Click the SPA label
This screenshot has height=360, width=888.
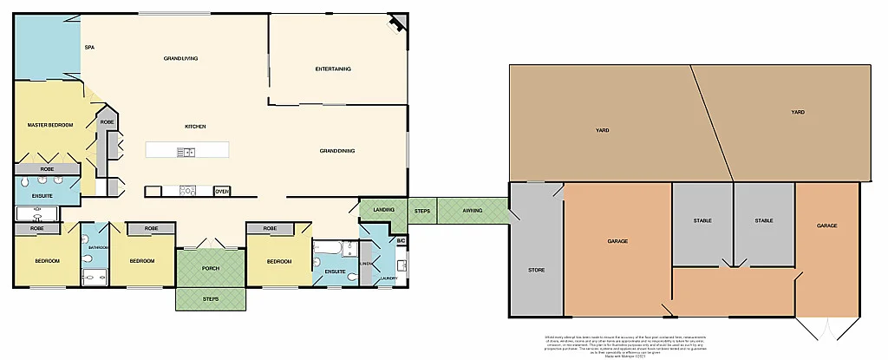click(x=89, y=48)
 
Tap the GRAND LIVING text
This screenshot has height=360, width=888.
click(x=181, y=58)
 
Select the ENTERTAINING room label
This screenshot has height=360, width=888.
click(x=332, y=69)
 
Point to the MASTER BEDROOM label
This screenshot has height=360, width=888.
click(x=50, y=125)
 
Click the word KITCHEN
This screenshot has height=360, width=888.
click(x=195, y=127)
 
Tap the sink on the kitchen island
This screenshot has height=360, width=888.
click(x=186, y=153)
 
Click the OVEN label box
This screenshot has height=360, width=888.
click(x=222, y=191)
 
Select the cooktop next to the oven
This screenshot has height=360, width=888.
click(x=186, y=191)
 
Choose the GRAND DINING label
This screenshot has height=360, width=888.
click(x=337, y=151)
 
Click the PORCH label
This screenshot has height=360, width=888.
click(x=211, y=267)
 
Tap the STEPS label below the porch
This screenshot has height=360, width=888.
click(x=211, y=299)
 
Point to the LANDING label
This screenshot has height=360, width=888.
click(x=384, y=210)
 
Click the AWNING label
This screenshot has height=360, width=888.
click(x=473, y=210)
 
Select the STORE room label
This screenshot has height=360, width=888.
click(x=536, y=270)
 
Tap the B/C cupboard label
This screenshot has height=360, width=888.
click(x=402, y=240)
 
